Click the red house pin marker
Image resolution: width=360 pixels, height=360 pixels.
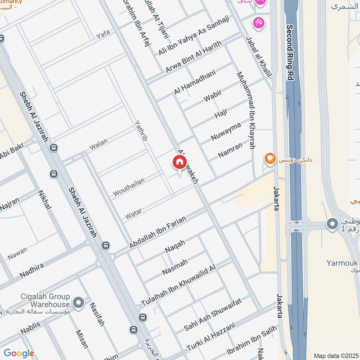coord(179,163)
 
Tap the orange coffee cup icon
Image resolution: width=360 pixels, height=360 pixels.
coord(270,158)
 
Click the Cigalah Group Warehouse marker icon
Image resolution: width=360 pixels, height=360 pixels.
coord(79,303)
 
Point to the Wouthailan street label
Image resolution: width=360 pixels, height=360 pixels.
coord(129,187)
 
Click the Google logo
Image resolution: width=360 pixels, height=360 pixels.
coord(19,353)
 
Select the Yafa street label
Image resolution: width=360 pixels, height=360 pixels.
coord(103,35)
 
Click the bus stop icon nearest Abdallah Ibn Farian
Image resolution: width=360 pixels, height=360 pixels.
coord(106,245)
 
